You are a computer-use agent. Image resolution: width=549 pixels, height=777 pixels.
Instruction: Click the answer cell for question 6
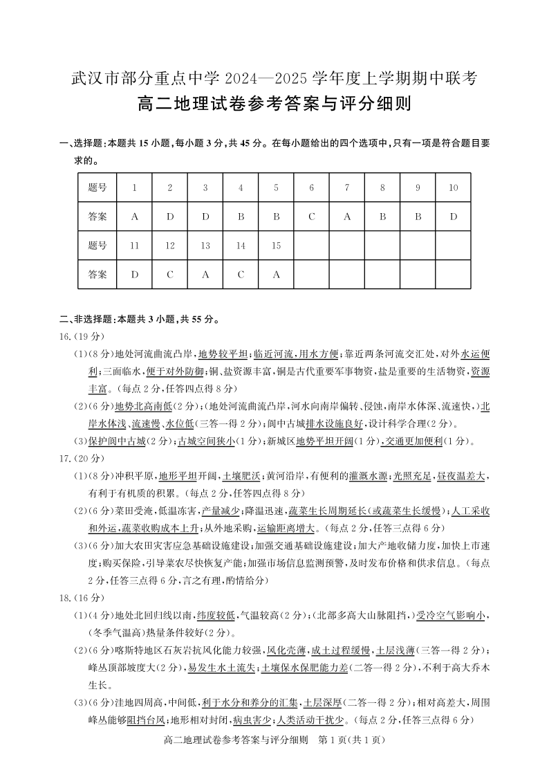[x=312, y=216]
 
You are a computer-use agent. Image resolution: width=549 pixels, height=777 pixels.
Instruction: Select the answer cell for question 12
[x=170, y=274]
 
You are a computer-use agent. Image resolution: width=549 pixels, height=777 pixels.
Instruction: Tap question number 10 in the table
[x=453, y=188]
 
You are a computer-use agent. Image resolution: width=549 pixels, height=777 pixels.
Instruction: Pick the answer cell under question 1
[x=135, y=216]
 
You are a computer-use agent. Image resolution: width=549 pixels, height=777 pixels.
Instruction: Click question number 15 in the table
[x=277, y=245]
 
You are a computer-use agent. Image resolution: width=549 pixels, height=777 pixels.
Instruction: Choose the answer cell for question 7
[x=347, y=216]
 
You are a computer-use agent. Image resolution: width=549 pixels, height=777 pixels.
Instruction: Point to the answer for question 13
[x=205, y=274]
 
